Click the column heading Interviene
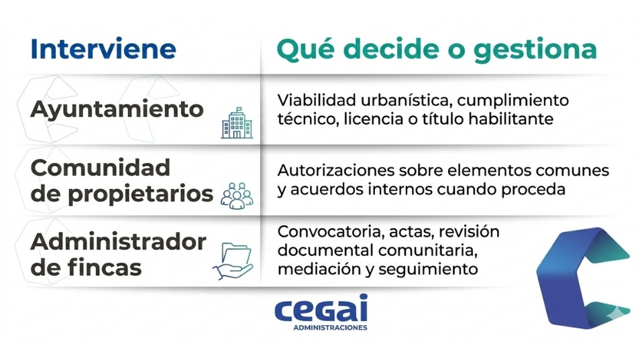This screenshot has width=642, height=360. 103,50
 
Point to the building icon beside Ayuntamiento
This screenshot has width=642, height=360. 237,123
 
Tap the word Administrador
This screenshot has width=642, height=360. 118,241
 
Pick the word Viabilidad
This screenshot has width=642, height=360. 312,101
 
